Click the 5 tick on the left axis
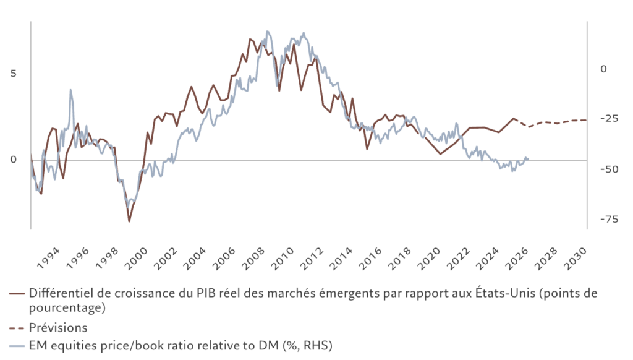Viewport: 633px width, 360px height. click(x=14, y=73)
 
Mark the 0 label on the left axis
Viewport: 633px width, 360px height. click(x=14, y=160)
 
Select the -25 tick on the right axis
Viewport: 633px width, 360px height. click(x=610, y=118)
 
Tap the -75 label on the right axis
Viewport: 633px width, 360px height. click(x=610, y=220)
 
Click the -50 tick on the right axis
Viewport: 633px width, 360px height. click(x=610, y=169)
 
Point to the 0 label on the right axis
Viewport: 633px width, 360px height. click(x=604, y=69)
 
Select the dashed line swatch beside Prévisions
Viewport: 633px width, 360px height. click(x=17, y=327)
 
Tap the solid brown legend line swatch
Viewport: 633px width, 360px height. click(x=17, y=294)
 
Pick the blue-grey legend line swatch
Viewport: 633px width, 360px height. click(x=17, y=345)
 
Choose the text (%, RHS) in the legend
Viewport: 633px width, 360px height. click(x=306, y=345)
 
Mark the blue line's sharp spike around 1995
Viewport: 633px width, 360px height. click(x=70, y=90)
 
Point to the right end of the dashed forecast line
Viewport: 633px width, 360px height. click(x=586, y=119)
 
